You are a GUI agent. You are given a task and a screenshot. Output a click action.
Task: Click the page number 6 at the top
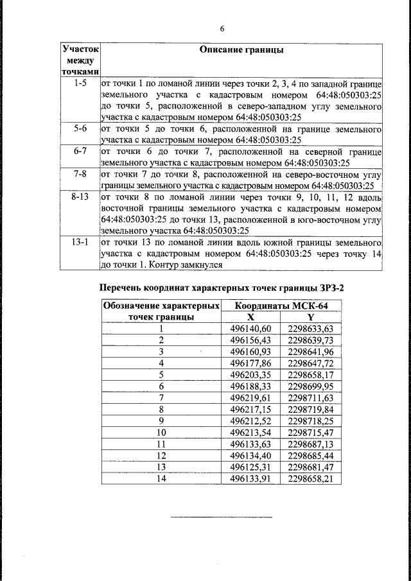click(x=222, y=29)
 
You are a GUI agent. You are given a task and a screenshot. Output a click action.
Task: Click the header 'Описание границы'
click(x=241, y=50)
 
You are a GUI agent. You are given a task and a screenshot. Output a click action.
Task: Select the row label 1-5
click(x=80, y=83)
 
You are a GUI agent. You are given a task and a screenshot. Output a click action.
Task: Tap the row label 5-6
click(x=80, y=128)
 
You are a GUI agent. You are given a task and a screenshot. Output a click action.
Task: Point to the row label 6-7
click(x=80, y=152)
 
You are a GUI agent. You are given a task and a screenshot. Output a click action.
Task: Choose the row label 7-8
click(x=80, y=174)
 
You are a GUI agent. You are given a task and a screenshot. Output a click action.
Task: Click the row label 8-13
click(x=80, y=197)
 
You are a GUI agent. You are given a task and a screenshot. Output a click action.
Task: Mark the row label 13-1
click(x=80, y=243)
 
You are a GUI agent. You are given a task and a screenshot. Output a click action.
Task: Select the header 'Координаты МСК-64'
click(x=281, y=307)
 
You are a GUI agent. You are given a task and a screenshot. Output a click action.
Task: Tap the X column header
click(x=251, y=317)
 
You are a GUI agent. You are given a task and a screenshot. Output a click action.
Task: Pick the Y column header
click(x=311, y=317)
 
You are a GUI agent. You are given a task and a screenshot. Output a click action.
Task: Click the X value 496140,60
click(x=251, y=329)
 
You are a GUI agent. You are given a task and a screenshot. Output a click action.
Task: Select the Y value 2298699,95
click(x=311, y=386)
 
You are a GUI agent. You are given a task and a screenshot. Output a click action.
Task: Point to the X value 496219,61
click(x=251, y=398)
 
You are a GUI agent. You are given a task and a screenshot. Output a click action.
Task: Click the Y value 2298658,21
click(x=311, y=478)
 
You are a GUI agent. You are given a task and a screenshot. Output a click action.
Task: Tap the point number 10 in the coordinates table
click(x=161, y=432)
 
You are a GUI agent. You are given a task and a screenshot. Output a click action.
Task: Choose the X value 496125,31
click(x=251, y=467)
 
